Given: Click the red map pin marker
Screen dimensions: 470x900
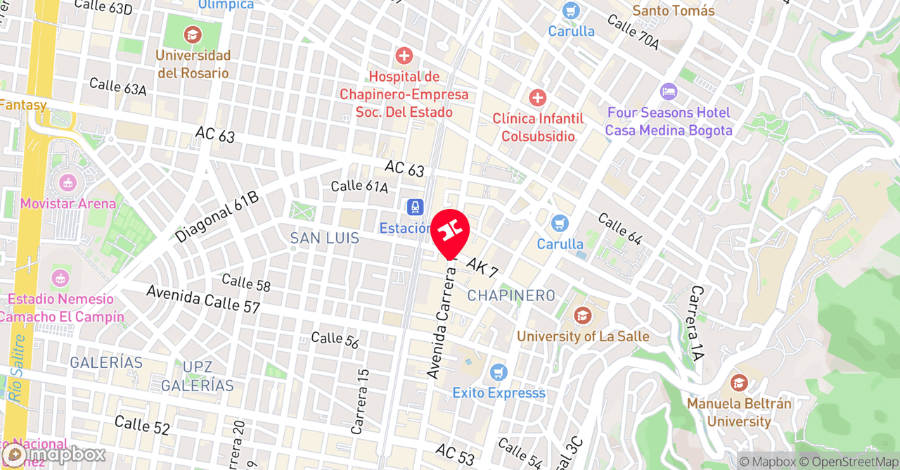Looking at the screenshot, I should pos(450,231).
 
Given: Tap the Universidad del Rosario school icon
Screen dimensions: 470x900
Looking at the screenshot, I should pos(191,34).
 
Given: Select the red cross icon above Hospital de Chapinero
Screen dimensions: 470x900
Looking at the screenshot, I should pos(404,56).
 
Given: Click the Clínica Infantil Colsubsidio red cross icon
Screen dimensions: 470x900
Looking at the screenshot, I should pos(537,97).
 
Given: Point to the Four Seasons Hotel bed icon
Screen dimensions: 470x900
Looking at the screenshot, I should pos(668,91).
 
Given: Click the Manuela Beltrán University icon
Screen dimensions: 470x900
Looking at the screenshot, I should pos(738,383).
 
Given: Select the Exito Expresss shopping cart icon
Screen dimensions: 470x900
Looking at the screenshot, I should pos(499,371).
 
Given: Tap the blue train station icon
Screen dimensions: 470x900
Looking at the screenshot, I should pos(415,207).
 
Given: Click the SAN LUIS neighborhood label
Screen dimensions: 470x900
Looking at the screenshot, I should pos(325,239).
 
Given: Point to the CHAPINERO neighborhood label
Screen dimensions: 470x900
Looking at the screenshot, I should pos(511,296).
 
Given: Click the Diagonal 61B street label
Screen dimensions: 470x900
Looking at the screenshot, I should pos(217,217).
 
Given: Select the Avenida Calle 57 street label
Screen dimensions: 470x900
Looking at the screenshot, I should pos(202,299).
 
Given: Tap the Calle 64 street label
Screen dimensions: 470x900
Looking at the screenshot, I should pos(619,229).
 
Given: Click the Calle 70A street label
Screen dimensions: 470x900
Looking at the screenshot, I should pos(633,33).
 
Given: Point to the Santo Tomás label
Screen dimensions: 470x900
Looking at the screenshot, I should pos(673,11).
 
